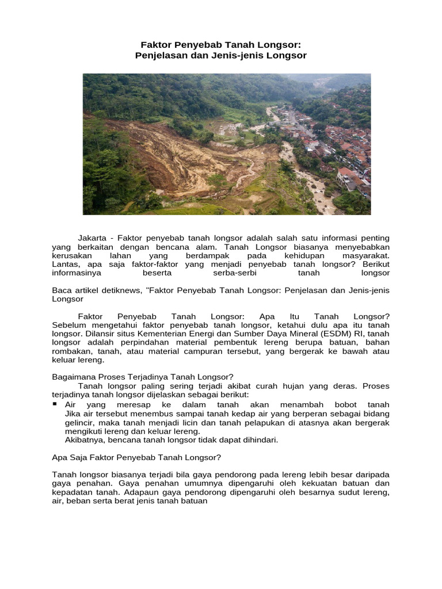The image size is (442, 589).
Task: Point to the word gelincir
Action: pyautogui.click(x=79, y=423)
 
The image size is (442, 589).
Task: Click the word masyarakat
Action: pyautogui.click(x=366, y=255)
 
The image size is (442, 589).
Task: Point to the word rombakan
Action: pyautogui.click(x=70, y=351)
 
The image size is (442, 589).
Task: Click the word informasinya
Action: pyautogui.click(x=77, y=273)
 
